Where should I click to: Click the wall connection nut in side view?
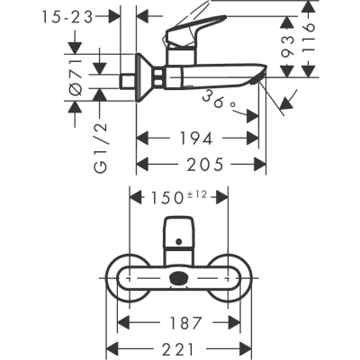(x=145, y=79)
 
